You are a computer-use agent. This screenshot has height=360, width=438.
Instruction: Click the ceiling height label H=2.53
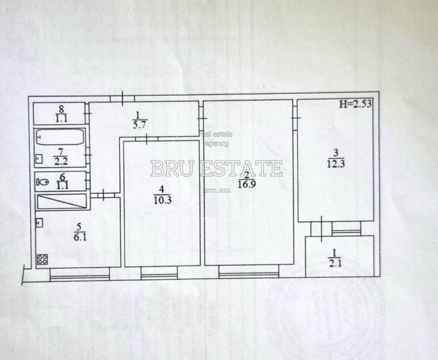coord(355,103)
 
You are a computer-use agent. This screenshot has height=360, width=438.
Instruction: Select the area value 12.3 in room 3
coord(335,164)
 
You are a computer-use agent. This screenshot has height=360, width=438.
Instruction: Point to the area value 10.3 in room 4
coord(162,199)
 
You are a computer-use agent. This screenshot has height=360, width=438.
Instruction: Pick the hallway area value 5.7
coord(138,125)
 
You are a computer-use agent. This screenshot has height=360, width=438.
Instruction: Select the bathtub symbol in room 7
coord(60,137)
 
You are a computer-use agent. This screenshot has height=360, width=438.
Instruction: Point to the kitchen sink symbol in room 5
coord(40,222)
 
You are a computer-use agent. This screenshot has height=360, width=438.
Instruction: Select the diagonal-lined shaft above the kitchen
coord(62,202)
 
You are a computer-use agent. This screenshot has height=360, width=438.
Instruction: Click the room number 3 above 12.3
coord(335,153)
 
